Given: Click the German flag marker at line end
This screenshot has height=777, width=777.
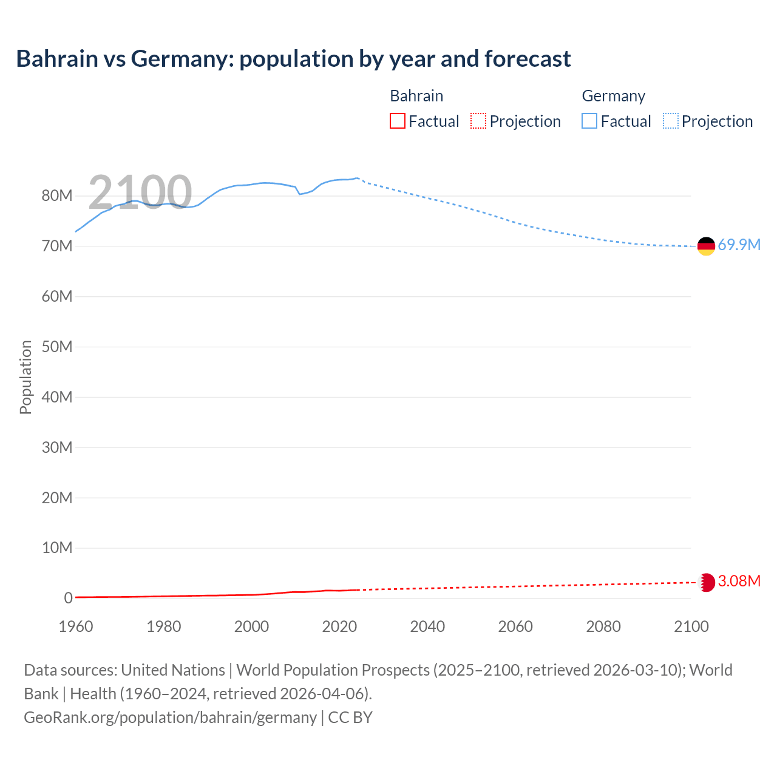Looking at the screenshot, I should click(706, 246).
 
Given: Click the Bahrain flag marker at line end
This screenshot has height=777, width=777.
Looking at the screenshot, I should click(706, 582).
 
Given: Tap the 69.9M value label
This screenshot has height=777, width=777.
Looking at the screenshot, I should click(739, 245).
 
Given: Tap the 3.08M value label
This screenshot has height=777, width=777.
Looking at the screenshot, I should click(739, 582).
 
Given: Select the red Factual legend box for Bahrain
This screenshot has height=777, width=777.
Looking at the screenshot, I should click(397, 121).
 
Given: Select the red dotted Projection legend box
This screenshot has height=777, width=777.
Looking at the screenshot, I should click(478, 121).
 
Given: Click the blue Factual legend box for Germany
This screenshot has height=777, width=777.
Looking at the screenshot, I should click(589, 121).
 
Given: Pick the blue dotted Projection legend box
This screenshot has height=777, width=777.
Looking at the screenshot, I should click(671, 121).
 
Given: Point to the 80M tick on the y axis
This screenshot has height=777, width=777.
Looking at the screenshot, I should click(57, 196).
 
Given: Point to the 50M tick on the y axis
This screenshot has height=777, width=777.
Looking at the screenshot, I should click(57, 347).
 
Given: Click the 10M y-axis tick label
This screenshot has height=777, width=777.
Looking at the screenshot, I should click(57, 548).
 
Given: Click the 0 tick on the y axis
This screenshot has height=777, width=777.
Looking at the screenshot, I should click(68, 599).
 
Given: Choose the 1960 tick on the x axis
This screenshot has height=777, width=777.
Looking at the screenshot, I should click(76, 626).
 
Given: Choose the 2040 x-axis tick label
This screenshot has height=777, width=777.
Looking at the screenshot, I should click(427, 626).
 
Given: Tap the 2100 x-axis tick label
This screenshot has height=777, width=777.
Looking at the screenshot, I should click(691, 626).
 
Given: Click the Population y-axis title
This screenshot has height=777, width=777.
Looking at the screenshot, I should click(25, 377).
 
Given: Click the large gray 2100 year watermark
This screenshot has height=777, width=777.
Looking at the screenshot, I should click(140, 192).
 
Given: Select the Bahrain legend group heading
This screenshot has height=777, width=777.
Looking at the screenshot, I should click(416, 96).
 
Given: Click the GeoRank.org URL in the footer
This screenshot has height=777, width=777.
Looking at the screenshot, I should click(170, 718).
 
